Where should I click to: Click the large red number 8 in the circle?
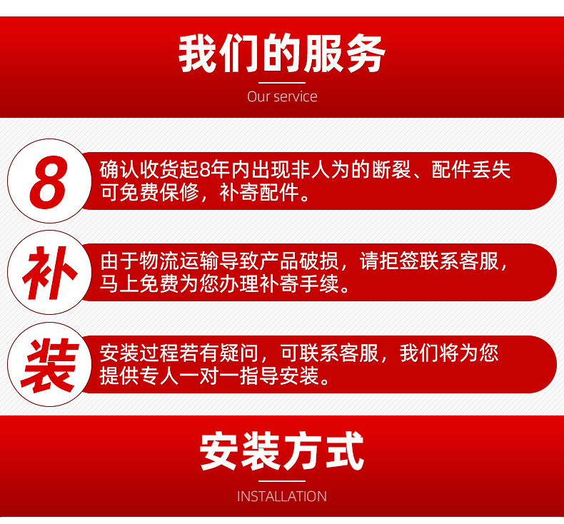(49, 181)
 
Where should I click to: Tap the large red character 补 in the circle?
(50, 273)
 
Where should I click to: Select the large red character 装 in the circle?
(50, 366)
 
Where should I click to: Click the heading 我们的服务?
(282, 54)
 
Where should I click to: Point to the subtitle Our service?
(282, 96)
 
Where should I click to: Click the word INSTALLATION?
(282, 496)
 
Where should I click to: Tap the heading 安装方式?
(282, 451)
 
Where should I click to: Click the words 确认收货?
(139, 170)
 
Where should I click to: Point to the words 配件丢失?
(471, 170)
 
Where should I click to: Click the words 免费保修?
(159, 193)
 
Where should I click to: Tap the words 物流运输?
(178, 261)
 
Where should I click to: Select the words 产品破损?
(298, 261)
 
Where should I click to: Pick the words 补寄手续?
(298, 284)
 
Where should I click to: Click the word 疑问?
(239, 353)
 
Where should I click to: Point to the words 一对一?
(209, 376)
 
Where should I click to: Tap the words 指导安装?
(278, 376)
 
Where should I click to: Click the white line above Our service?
(282, 83)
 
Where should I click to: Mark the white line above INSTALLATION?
(282, 481)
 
